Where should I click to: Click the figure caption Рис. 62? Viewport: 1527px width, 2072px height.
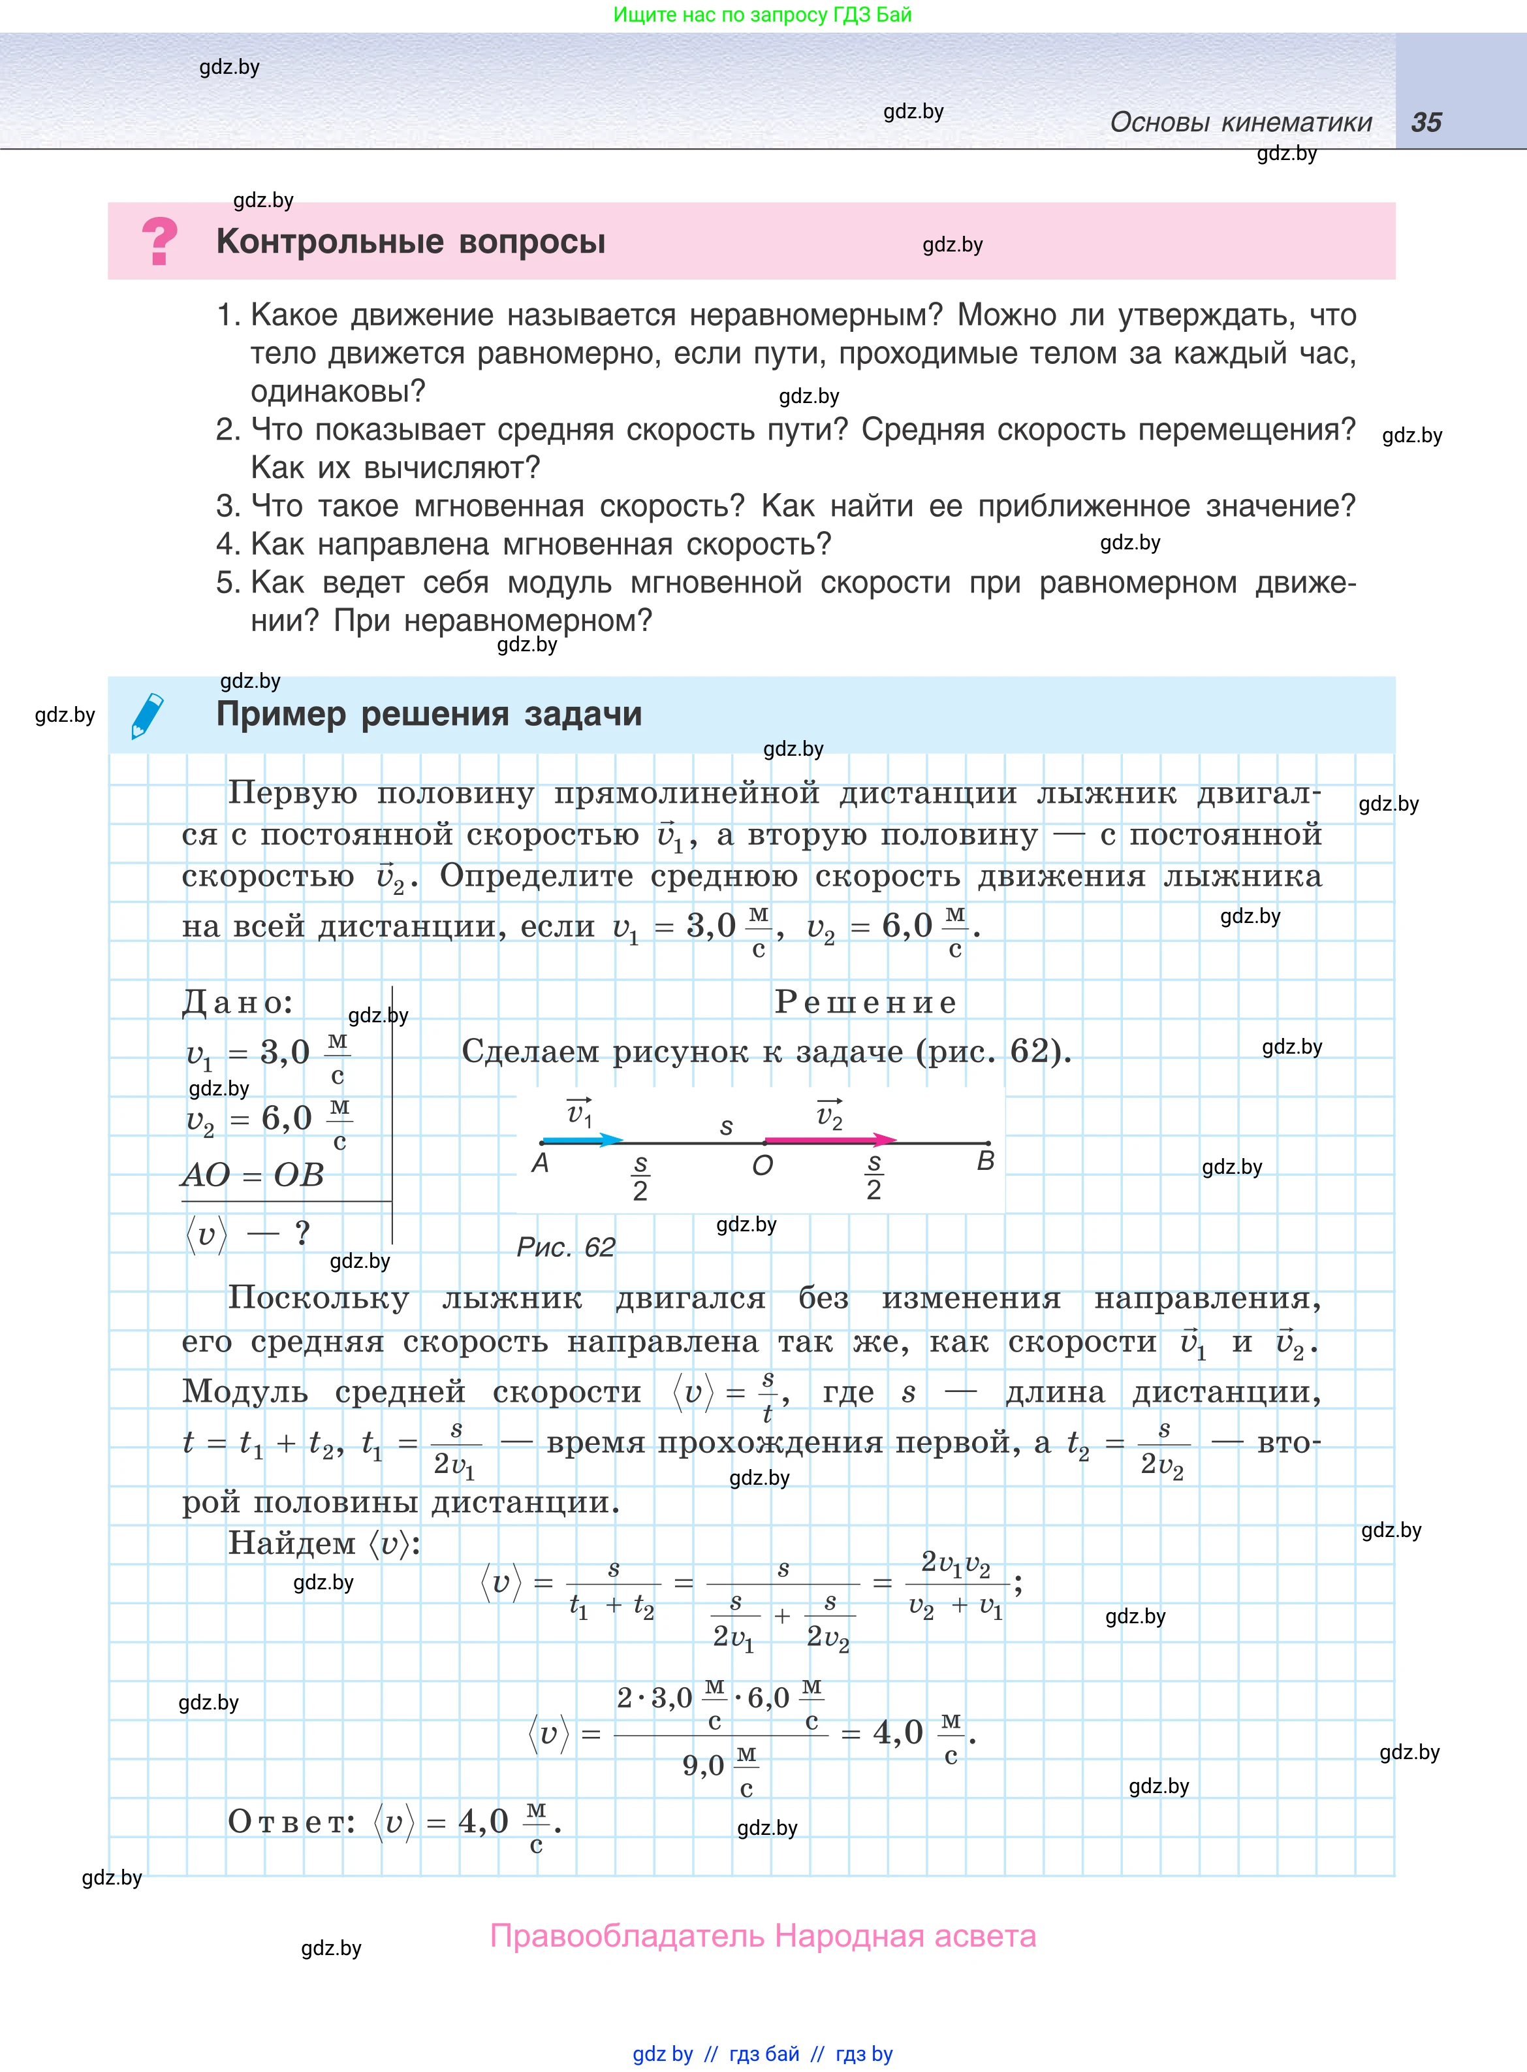click(x=566, y=1247)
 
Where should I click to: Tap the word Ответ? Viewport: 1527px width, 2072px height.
click(x=291, y=1821)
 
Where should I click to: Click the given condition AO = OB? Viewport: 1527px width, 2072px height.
click(x=253, y=1175)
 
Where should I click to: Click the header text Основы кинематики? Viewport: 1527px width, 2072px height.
click(x=1240, y=122)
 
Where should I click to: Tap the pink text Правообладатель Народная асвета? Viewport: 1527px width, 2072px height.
click(x=763, y=1935)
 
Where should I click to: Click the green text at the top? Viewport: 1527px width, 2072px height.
click(x=763, y=15)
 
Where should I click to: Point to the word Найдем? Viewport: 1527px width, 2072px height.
click(x=292, y=1543)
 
